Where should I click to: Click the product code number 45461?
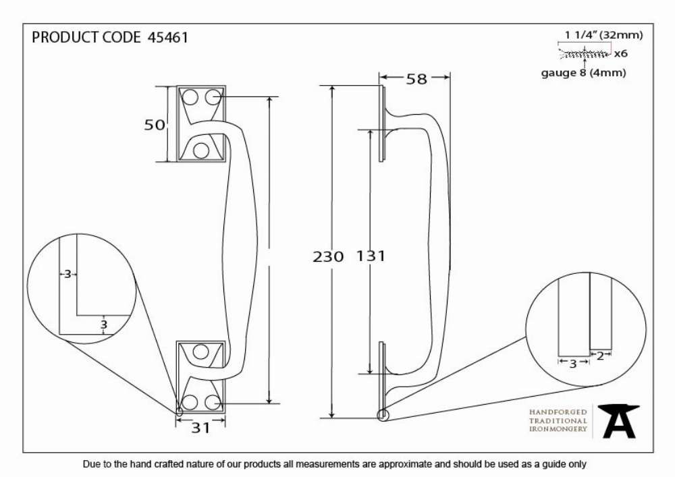tap(168, 37)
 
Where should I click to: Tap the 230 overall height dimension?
tap(328, 257)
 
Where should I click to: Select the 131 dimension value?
tap(371, 256)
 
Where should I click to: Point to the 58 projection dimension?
tap(416, 79)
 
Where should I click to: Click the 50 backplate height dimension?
tap(154, 125)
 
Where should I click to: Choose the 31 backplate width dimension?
tap(200, 428)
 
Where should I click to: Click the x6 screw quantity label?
tap(621, 54)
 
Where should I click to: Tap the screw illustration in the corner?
tap(585, 54)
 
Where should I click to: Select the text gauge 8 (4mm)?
tap(583, 73)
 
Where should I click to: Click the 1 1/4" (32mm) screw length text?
tap(603, 35)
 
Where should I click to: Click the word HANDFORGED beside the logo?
tap(558, 412)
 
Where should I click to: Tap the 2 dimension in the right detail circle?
tap(600, 356)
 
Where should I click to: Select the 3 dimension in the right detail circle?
tap(573, 364)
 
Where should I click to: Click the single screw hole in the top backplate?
tap(201, 150)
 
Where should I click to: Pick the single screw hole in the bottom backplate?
tap(200, 352)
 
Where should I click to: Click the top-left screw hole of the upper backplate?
tap(190, 97)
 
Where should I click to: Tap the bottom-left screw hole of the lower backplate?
tap(190, 403)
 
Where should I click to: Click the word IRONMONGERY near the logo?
tap(558, 429)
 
